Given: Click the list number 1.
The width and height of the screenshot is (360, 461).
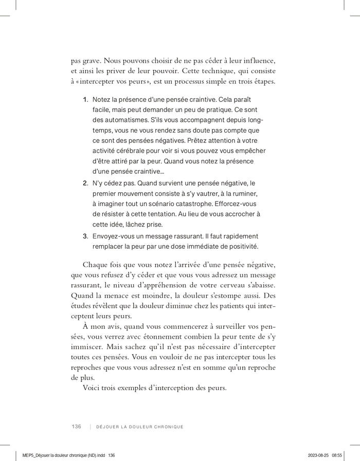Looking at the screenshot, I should tap(85, 98).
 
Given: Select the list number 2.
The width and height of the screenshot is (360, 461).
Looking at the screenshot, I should tap(85, 183).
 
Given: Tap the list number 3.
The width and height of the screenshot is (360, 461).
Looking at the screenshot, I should tap(85, 237).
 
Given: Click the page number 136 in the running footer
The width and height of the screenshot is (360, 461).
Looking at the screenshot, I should tap(77, 427).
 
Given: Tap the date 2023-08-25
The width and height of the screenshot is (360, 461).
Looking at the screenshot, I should tap(318, 455).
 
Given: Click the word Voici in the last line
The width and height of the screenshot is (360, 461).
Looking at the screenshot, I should tap(92, 387).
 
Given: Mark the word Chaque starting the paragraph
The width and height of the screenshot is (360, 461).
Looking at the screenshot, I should tap(95, 265).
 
